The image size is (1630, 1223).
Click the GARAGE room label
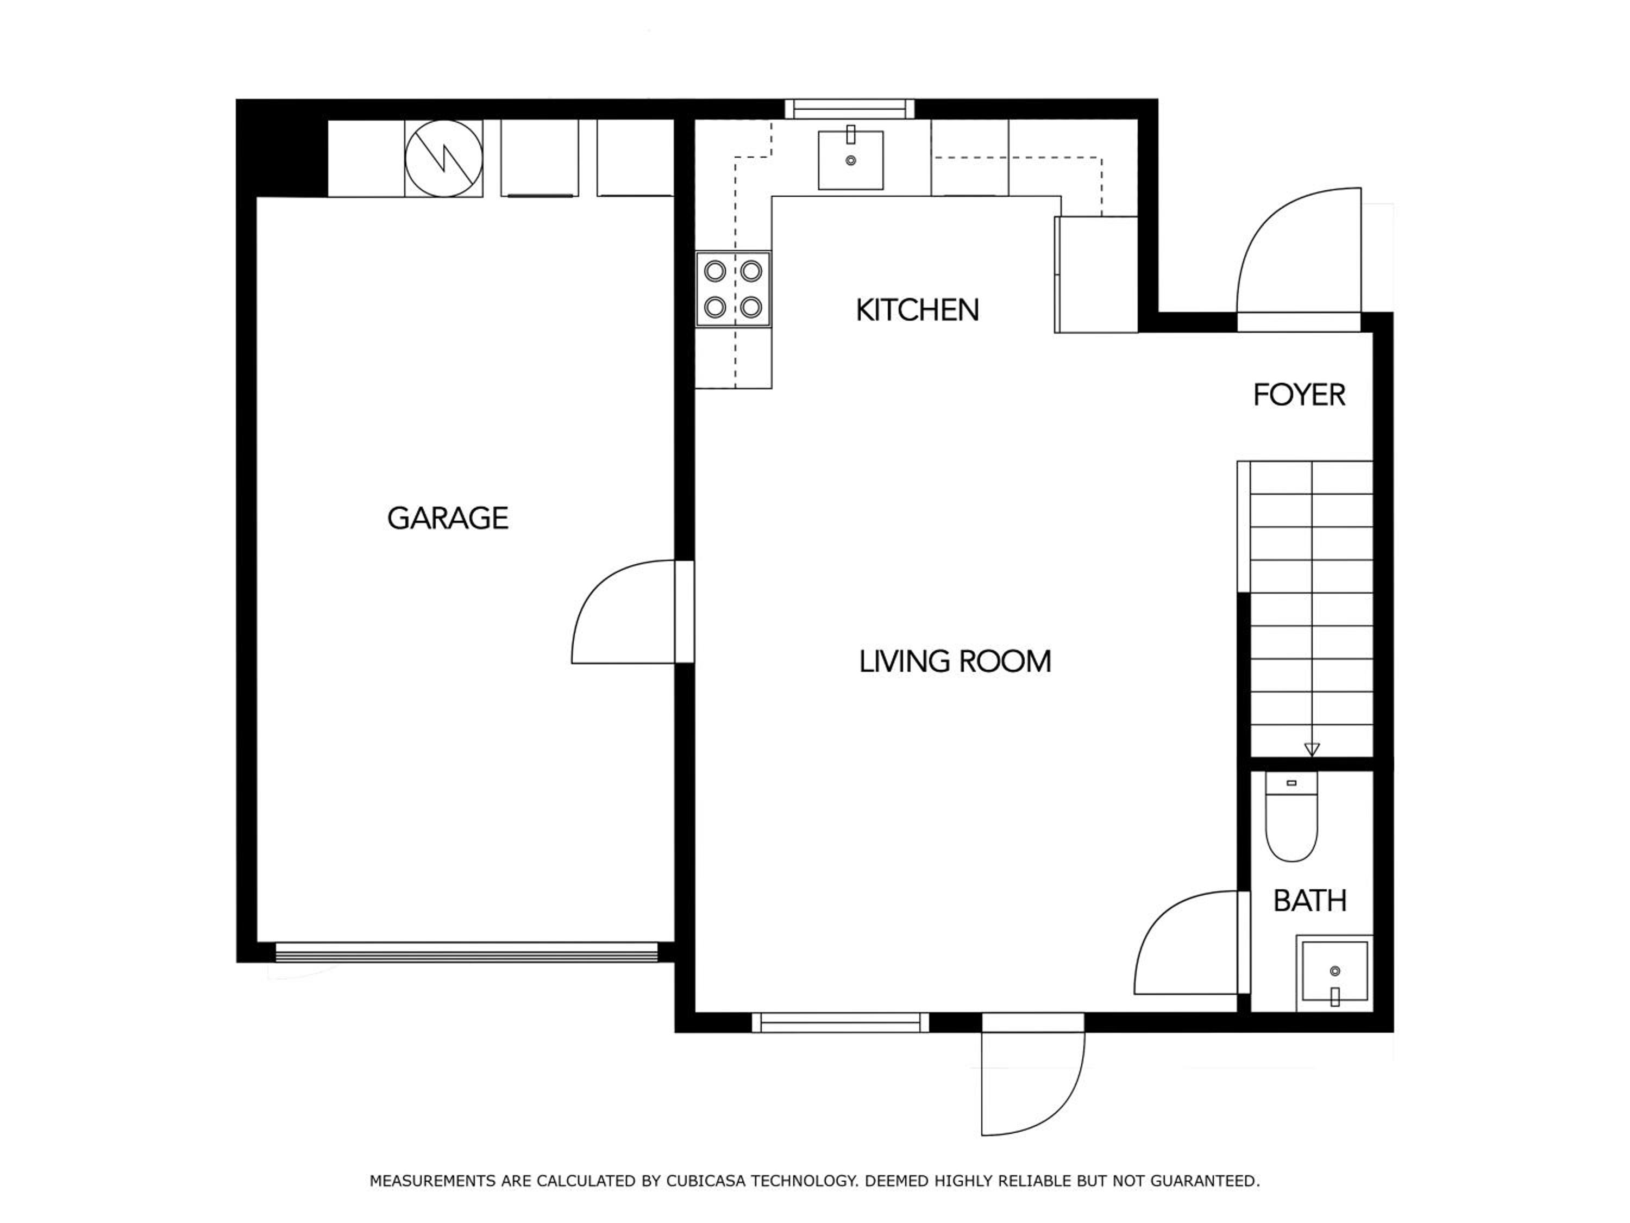pos(447,518)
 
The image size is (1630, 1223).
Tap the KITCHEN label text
pos(918,310)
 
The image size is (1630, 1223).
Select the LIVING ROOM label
pos(955,662)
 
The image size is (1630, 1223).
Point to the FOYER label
pos(1299,395)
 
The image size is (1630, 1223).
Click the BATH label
pos(1310,901)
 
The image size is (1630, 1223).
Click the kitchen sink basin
pos(851,160)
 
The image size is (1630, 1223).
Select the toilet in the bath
pos(1291,817)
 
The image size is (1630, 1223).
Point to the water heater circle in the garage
pos(443,159)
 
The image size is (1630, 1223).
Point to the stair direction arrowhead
pos(1312,750)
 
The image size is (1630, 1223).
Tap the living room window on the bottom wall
pos(840,1022)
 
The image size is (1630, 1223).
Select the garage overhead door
pos(466,952)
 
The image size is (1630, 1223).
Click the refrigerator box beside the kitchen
pos(1096,274)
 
